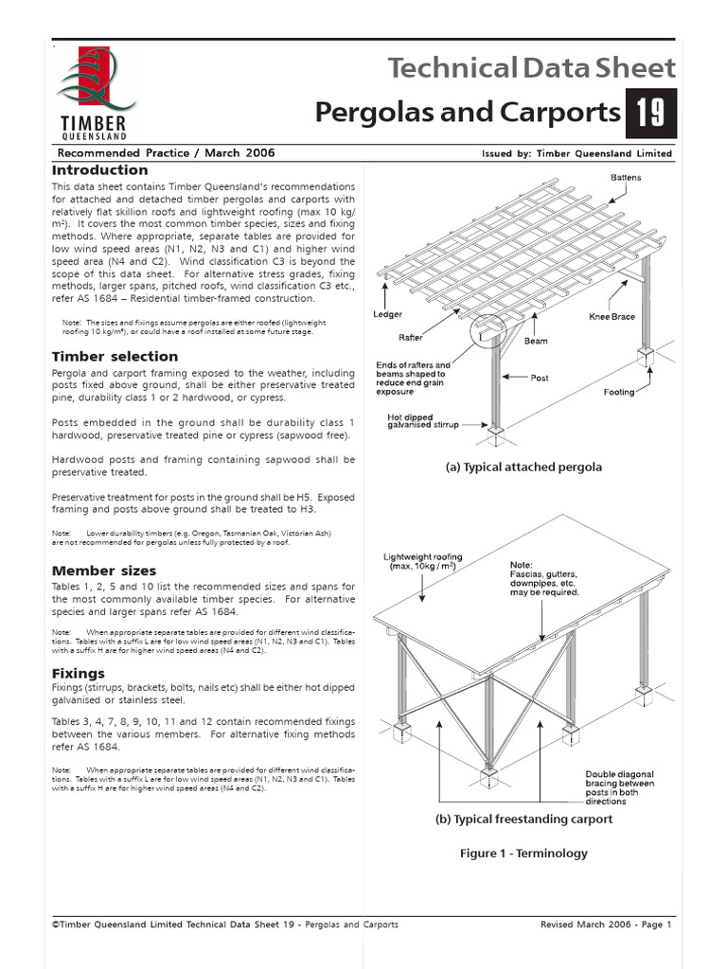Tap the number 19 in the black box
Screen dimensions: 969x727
(x=649, y=114)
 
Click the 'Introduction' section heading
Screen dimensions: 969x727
(x=99, y=170)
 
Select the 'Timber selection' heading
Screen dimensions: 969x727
(x=115, y=357)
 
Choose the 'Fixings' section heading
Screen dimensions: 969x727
(x=78, y=674)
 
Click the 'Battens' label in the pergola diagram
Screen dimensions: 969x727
(x=625, y=178)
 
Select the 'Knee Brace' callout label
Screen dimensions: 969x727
(x=612, y=317)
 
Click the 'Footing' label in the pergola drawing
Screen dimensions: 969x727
(x=620, y=391)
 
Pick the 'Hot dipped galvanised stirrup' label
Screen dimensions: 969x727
(x=423, y=420)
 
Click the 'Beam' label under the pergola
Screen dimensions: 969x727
(x=536, y=341)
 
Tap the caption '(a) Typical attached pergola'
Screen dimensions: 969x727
(x=523, y=467)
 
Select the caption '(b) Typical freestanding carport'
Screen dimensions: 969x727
(x=523, y=819)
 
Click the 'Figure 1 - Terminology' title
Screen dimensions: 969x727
(x=523, y=853)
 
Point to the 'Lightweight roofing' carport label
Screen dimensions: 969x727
(x=422, y=561)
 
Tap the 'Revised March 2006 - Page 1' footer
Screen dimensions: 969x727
(x=605, y=925)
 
